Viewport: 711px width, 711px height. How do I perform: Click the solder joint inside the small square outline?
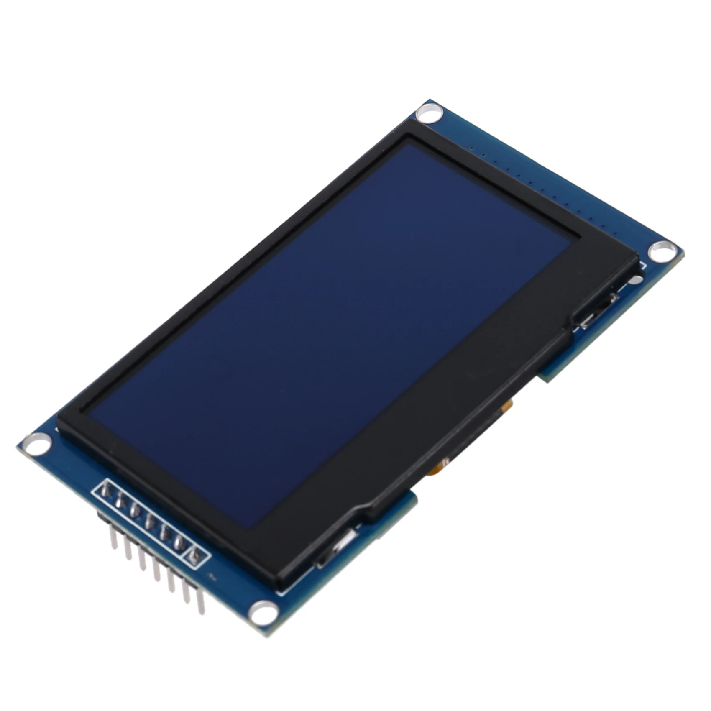point(194,555)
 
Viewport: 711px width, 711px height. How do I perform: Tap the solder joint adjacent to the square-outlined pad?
point(179,542)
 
